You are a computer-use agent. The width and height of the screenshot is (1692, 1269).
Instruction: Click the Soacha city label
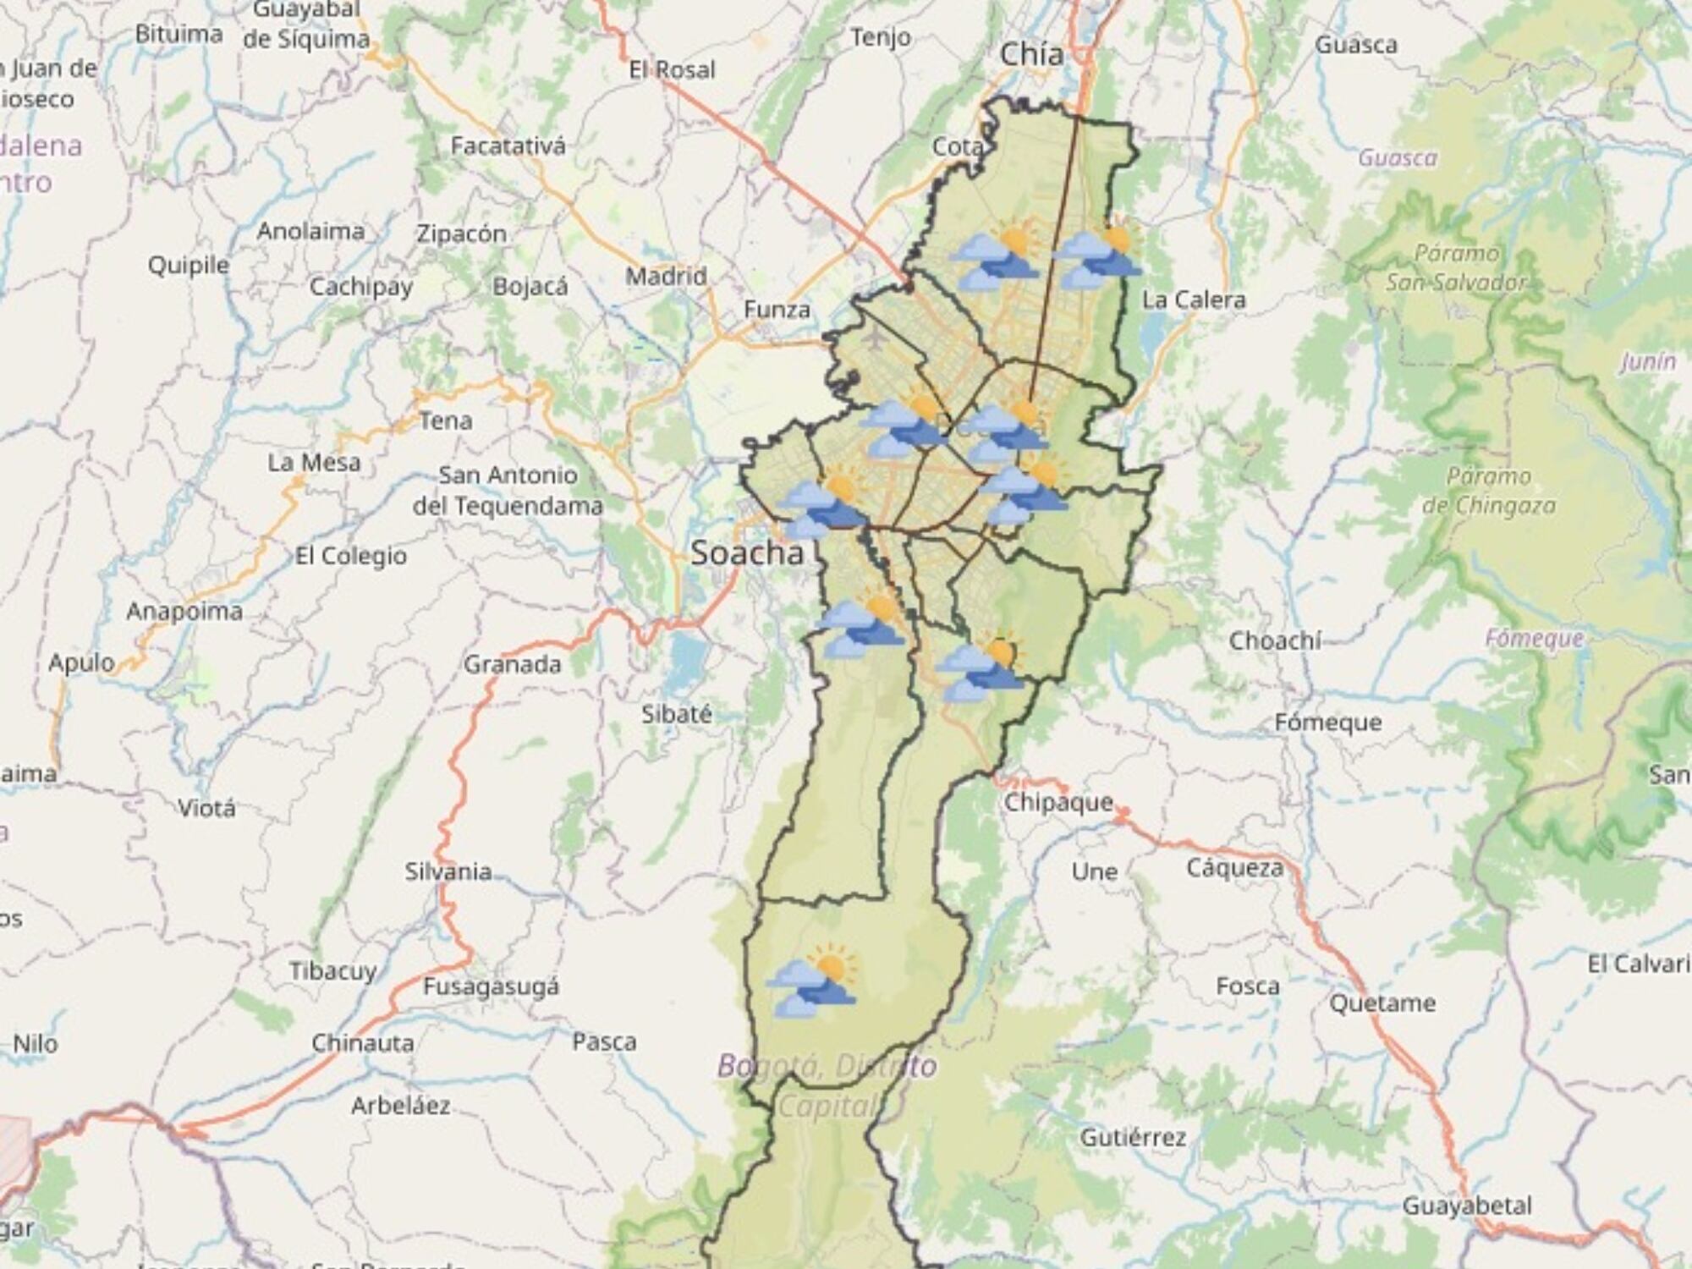point(747,552)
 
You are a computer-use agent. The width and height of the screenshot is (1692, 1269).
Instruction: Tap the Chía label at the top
point(1031,55)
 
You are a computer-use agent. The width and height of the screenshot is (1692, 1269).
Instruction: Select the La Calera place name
point(1194,299)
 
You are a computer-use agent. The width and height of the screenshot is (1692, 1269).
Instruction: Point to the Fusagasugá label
point(491,986)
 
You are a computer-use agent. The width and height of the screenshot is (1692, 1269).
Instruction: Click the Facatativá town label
point(508,146)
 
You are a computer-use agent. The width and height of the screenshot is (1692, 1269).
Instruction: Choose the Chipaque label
point(1057,801)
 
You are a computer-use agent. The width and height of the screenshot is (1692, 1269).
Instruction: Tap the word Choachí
point(1274,640)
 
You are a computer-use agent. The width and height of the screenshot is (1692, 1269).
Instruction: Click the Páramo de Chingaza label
point(1489,491)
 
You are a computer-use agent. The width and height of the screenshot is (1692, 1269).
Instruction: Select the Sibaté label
point(676,714)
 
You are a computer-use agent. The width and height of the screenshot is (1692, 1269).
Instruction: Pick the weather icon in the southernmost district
point(812,981)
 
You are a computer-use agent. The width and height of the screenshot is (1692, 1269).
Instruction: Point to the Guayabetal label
point(1467,1205)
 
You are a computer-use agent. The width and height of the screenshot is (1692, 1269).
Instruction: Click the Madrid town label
point(666,276)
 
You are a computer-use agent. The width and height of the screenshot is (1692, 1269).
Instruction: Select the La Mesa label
point(314,462)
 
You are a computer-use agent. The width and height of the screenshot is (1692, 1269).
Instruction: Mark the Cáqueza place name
point(1234,867)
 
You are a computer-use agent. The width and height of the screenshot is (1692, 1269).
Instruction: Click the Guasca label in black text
point(1355,45)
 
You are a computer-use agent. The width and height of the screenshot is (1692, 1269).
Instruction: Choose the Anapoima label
point(184,611)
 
